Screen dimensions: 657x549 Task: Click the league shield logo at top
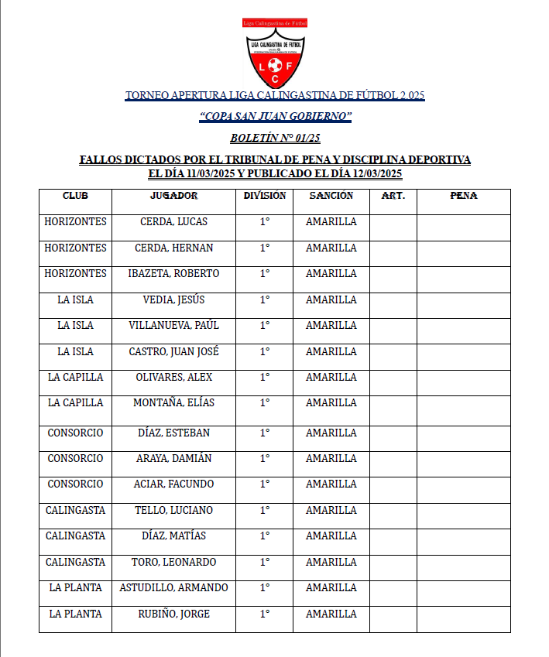(x=275, y=53)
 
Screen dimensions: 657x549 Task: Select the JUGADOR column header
(x=173, y=196)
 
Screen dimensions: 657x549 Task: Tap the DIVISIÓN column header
(x=264, y=196)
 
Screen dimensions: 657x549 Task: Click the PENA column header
(x=463, y=196)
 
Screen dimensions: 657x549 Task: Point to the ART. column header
(x=393, y=196)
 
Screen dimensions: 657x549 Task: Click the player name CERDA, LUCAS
(x=173, y=222)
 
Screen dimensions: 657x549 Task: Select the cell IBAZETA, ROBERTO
(x=173, y=274)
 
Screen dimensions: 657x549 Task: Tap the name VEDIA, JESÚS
(x=173, y=300)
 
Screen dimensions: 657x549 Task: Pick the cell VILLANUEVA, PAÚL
(x=173, y=326)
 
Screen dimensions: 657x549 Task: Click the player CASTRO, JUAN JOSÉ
(x=173, y=352)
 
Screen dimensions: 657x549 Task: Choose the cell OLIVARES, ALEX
(x=173, y=378)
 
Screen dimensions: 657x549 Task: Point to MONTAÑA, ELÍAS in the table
(x=173, y=403)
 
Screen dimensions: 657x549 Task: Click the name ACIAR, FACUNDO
(x=173, y=484)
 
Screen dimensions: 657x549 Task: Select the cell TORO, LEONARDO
(x=173, y=563)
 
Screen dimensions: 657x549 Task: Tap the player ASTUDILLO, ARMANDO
(x=173, y=588)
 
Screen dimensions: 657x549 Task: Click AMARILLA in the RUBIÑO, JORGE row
(x=331, y=614)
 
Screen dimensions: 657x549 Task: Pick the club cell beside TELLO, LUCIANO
(x=75, y=511)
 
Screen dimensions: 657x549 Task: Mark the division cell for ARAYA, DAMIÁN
(x=264, y=459)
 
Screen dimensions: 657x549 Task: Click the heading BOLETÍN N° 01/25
(x=275, y=139)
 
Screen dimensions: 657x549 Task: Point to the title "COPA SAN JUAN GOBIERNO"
(x=275, y=117)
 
